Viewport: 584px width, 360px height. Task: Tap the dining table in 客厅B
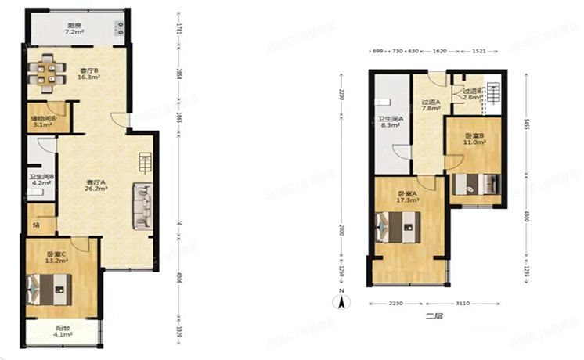tap(48, 73)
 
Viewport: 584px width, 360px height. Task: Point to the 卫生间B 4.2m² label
tap(40, 180)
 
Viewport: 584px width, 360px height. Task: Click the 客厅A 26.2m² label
tap(96, 186)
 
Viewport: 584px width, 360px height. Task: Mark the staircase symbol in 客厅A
tap(145, 164)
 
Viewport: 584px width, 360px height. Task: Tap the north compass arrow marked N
tap(341, 298)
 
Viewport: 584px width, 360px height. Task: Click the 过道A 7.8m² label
tap(430, 105)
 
